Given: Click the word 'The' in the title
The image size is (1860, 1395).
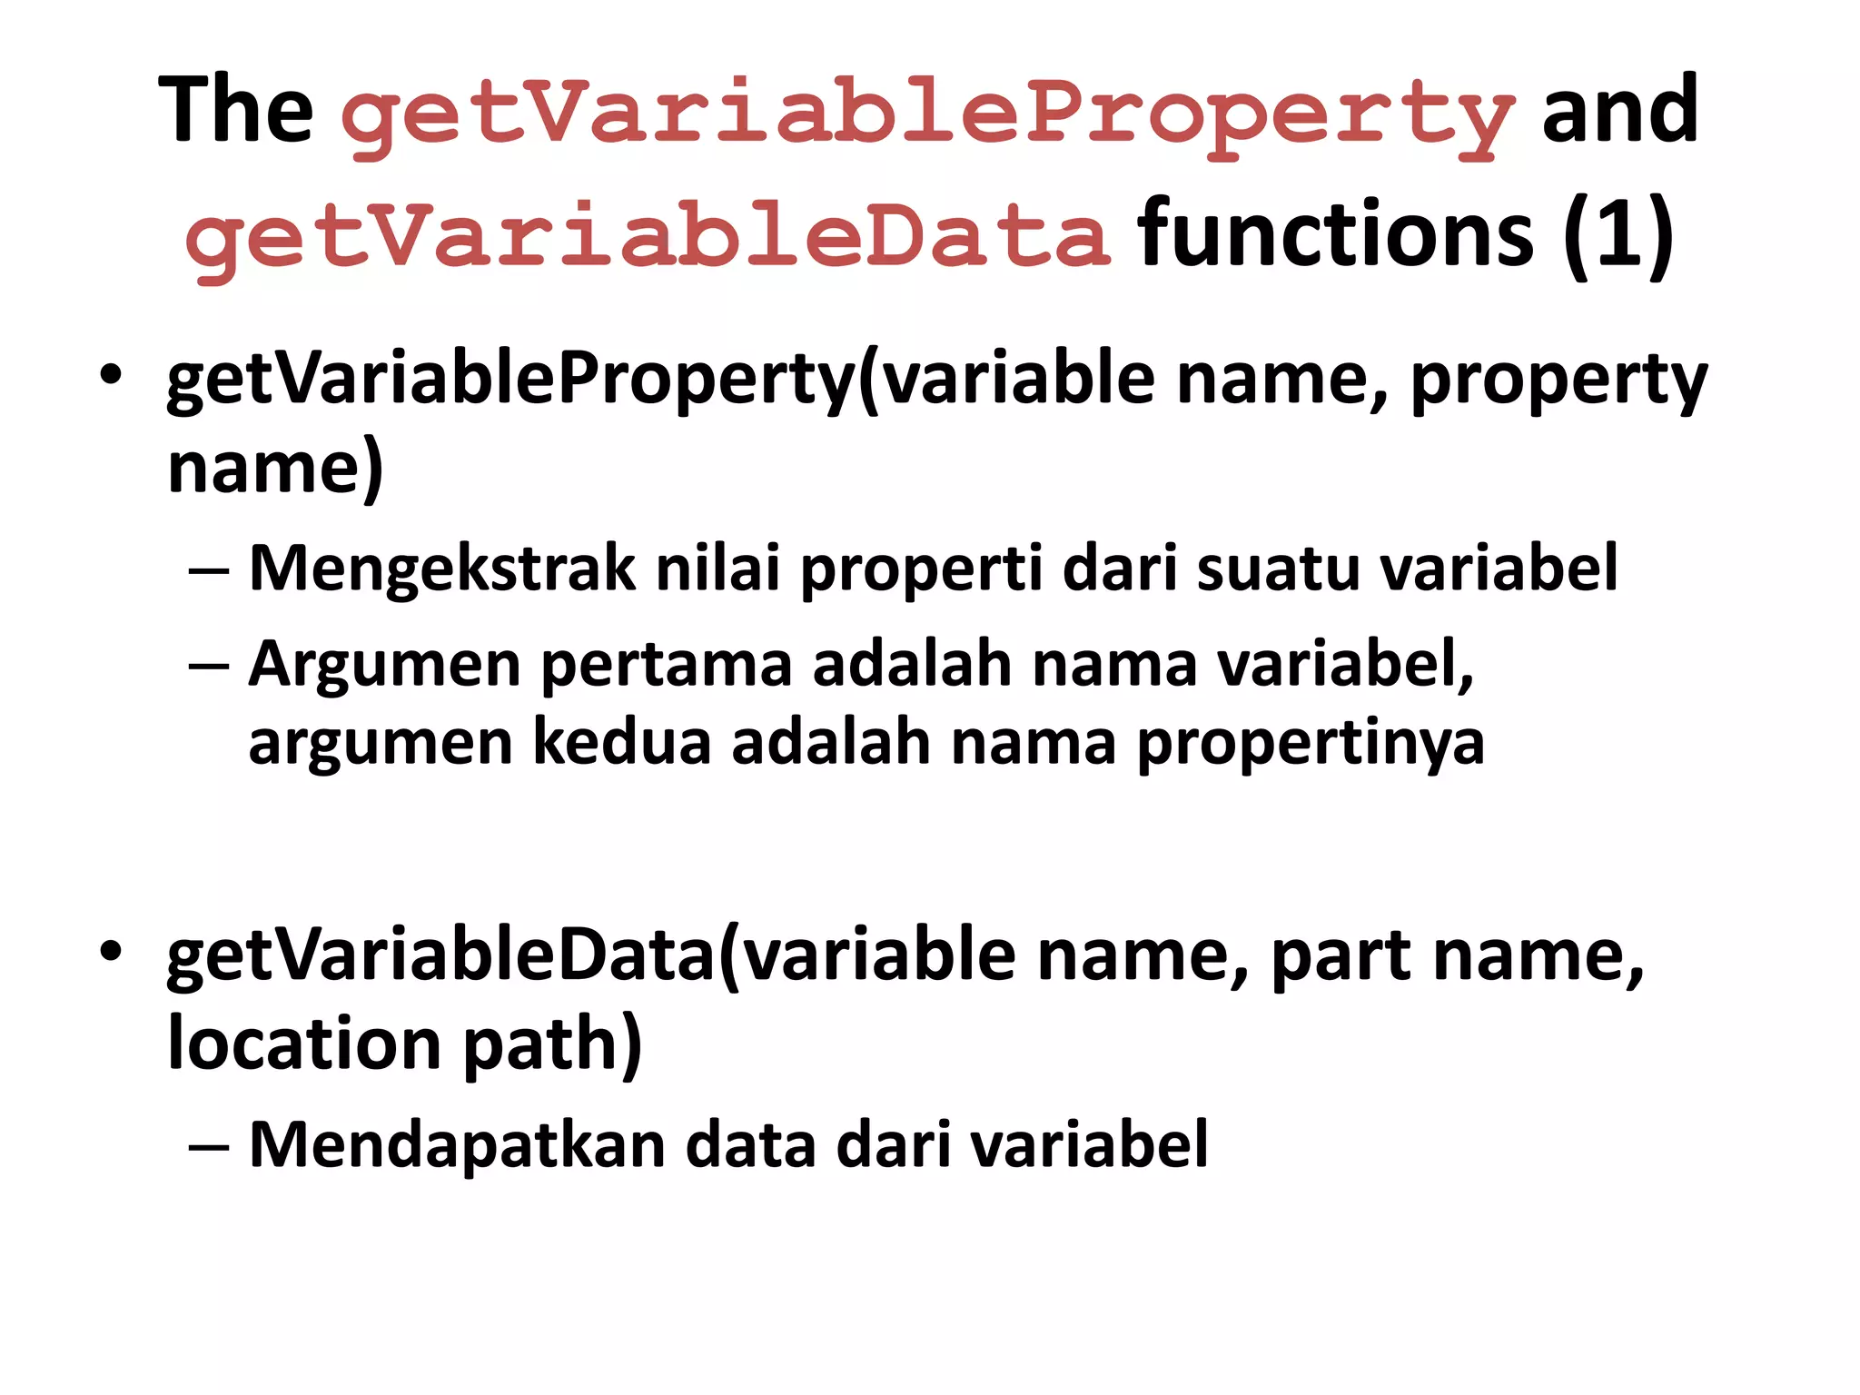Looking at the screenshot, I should coord(236,111).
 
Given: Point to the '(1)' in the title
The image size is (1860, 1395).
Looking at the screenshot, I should coord(1618,236).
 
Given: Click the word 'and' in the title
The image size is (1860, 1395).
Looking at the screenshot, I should coord(1619,111).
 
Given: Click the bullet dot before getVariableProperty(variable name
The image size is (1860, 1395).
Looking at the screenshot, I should coord(111,375).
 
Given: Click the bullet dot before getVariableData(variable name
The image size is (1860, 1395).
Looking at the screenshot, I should coord(111,952).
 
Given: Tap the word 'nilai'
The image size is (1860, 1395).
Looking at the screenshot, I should coord(717,569).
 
